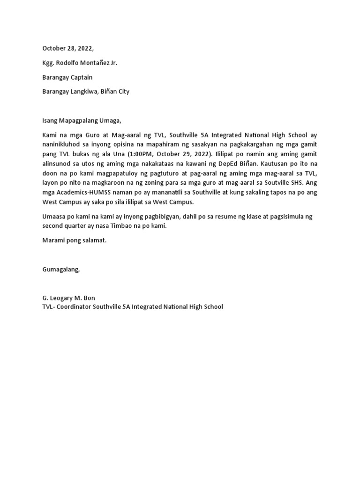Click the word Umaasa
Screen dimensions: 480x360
coord(53,217)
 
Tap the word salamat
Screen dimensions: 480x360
coord(95,240)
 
